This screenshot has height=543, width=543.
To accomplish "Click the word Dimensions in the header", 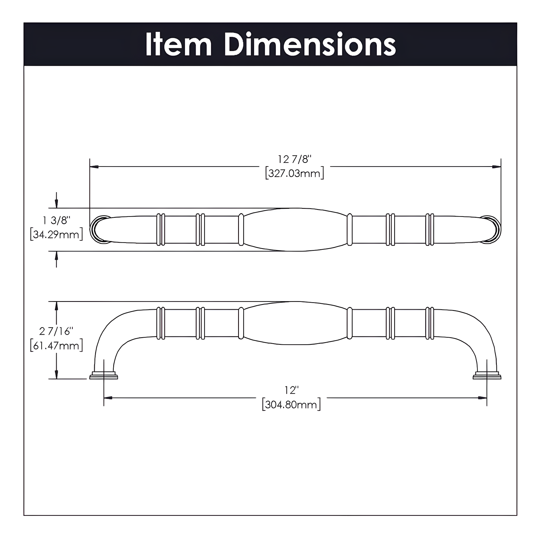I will click(x=310, y=45).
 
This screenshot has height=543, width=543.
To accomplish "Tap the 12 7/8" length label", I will click(x=294, y=159).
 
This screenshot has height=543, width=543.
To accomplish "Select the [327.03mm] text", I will click(x=294, y=173).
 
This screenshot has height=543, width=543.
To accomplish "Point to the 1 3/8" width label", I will click(x=56, y=220).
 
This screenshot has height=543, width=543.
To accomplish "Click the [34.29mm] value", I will click(x=56, y=234).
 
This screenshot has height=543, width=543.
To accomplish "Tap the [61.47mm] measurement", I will click(x=56, y=345).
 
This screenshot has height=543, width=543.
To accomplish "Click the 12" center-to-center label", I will click(x=291, y=390).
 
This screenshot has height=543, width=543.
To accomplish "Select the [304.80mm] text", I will click(x=291, y=405).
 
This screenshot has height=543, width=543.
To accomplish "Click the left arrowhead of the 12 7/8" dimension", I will click(x=94, y=167).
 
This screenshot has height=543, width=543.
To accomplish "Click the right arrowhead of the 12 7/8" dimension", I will click(x=497, y=167).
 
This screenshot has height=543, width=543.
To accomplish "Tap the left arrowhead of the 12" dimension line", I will click(x=108, y=398).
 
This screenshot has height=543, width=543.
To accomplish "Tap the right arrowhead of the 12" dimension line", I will click(x=482, y=398).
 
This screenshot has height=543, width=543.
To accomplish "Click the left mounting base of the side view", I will click(x=104, y=376).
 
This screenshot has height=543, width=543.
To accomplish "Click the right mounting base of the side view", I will click(x=487, y=376).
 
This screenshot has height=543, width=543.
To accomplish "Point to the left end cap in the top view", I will click(x=98, y=229).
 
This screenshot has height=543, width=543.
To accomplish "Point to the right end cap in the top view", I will click(x=492, y=229).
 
